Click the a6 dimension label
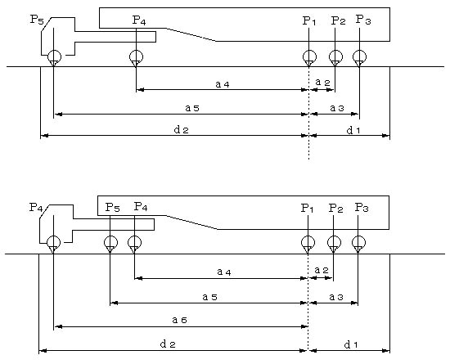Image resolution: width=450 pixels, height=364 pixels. tap(180, 320)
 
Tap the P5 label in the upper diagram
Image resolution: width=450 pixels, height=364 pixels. tap(37, 20)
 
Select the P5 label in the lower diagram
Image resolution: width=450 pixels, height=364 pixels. tap(113, 207)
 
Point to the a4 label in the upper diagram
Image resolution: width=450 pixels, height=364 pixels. tap(223, 84)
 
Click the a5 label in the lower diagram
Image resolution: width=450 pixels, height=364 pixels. tap(209, 297)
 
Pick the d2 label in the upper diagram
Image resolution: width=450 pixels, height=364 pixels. tap(182, 130)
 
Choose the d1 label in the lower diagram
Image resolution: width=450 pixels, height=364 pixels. tap(351, 345)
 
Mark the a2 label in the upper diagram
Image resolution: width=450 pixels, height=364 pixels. tap(323, 83)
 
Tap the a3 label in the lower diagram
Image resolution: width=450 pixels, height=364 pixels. tap(336, 297)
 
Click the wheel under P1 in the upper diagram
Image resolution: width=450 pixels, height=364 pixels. tap(309, 56)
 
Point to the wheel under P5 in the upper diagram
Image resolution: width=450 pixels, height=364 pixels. tap(54, 56)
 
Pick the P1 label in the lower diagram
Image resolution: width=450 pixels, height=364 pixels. tap(307, 209)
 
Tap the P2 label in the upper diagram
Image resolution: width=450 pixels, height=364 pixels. tap(339, 20)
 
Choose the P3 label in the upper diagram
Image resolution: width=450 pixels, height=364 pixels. tap(363, 20)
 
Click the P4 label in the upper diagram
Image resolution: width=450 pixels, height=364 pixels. tap(139, 20)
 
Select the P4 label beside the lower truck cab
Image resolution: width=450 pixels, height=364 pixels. tap(36, 207)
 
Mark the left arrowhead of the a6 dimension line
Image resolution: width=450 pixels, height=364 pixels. tap(58, 326)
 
